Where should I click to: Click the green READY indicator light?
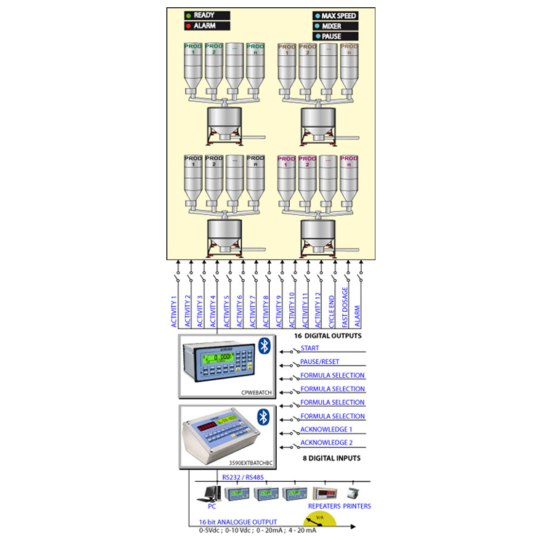coord(188,15)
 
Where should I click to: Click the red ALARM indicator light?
coord(188,26)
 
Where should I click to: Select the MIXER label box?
coord(336,25)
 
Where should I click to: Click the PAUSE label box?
coord(336,36)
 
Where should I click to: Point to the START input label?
coord(310,349)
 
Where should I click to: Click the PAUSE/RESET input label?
coord(320,362)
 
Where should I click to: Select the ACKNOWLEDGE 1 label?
coord(327,429)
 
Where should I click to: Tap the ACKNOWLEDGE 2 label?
coord(327,442)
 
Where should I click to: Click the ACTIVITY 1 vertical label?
coord(174,311)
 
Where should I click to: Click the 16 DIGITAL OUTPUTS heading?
coord(327,336)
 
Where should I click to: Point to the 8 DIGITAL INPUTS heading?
coord(331,458)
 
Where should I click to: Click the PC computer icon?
coord(211,495)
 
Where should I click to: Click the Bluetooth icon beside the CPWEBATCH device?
coord(264,347)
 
